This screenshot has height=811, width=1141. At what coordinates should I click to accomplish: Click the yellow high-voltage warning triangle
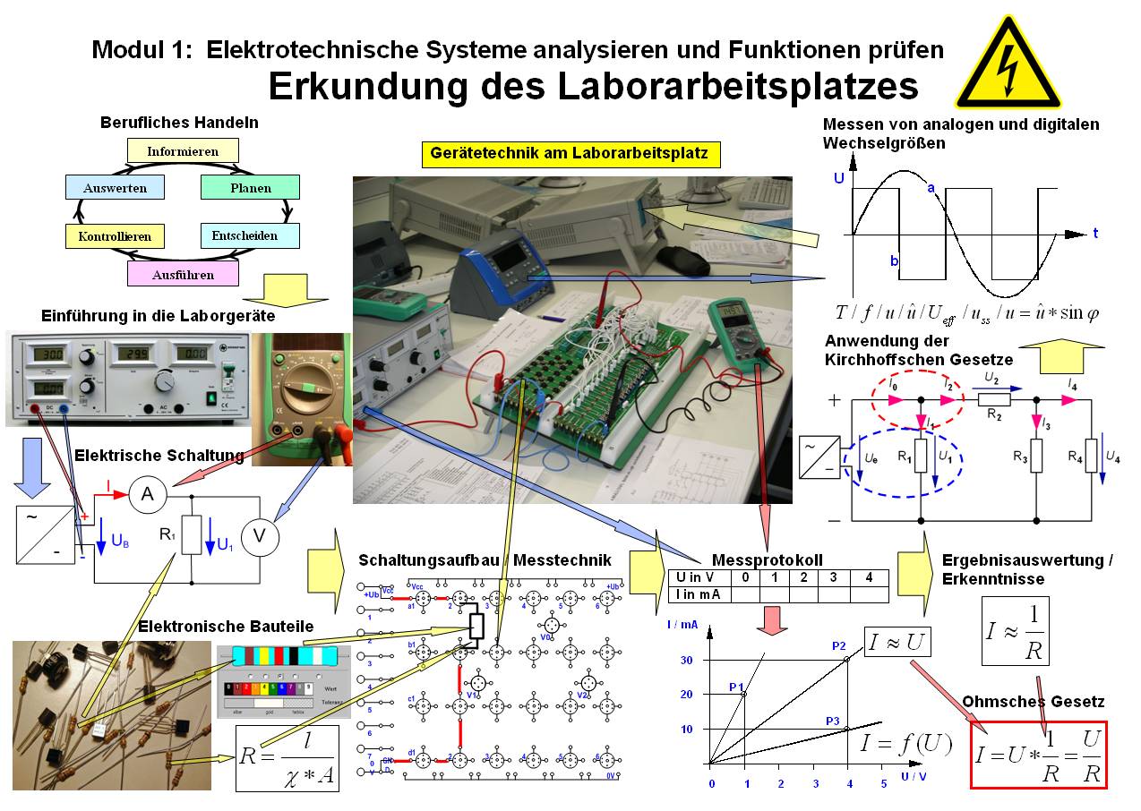[x=1008, y=65]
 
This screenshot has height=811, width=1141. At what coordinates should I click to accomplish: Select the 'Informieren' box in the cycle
[x=183, y=150]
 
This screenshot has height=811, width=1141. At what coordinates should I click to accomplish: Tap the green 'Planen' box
[x=250, y=187]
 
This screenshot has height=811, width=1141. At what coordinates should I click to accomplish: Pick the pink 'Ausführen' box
[x=183, y=274]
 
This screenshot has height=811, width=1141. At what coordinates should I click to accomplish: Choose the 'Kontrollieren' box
[x=115, y=236]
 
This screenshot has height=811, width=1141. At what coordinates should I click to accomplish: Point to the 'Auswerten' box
[x=115, y=187]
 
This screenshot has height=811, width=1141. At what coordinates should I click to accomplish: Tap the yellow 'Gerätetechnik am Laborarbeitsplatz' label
[x=570, y=154]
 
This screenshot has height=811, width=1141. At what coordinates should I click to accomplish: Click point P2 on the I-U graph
[x=847, y=660]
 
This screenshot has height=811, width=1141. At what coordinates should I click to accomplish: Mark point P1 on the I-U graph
[x=743, y=694]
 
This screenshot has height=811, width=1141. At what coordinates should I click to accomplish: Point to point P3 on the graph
[x=847, y=729]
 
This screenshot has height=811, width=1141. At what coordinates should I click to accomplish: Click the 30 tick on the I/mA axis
[x=687, y=660]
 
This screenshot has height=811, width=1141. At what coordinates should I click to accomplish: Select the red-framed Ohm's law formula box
[x=1039, y=755]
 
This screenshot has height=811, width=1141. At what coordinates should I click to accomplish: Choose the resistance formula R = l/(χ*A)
[x=287, y=758]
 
